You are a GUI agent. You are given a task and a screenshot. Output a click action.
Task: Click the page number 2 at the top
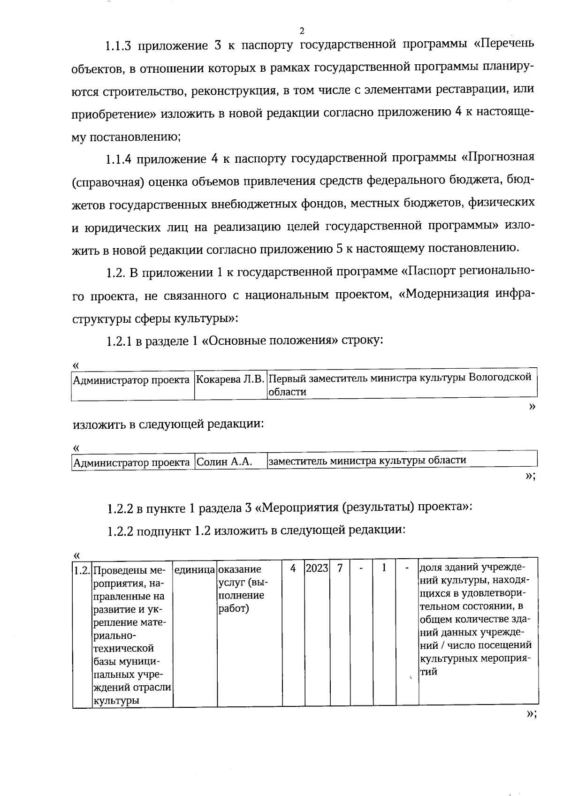click(302, 31)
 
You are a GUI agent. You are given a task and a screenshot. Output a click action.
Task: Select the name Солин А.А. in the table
click(224, 462)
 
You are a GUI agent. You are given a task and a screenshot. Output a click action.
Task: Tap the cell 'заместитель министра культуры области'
click(367, 460)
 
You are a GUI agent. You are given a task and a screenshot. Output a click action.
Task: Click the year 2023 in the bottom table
click(317, 568)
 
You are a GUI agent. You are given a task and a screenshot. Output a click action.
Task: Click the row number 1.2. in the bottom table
click(82, 571)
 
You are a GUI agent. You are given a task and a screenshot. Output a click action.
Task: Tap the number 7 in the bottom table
click(340, 568)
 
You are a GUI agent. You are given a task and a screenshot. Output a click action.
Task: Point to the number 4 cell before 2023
click(293, 568)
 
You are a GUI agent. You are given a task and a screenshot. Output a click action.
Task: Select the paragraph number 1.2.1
click(119, 341)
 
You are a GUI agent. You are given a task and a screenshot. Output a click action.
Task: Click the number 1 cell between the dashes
click(384, 568)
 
